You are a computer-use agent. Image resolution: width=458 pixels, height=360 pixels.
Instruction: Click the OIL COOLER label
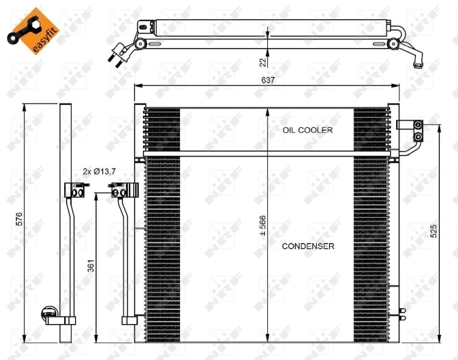pyautogui.click(x=308, y=130)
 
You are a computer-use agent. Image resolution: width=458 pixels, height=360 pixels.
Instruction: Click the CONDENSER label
pyautogui.click(x=308, y=246)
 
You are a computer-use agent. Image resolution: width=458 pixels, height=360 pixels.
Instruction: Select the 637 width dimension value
pyautogui.click(x=267, y=80)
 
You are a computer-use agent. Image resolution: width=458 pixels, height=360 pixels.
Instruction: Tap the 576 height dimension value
pyautogui.click(x=19, y=220)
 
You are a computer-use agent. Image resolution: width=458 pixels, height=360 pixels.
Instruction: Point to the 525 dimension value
pyautogui.click(x=433, y=231)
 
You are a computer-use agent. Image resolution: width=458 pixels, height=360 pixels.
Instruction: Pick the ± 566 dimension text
pyautogui.click(x=262, y=224)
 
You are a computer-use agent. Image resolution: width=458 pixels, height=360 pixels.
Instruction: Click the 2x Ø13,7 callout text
pyautogui.click(x=99, y=171)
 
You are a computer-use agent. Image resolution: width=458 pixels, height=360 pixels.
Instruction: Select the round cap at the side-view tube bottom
pyautogui.click(x=48, y=313)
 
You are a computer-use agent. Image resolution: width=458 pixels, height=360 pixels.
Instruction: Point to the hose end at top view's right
pyautogui.click(x=418, y=59)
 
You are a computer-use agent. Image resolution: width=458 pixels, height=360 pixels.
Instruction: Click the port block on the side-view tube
pyautogui.click(x=74, y=191)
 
